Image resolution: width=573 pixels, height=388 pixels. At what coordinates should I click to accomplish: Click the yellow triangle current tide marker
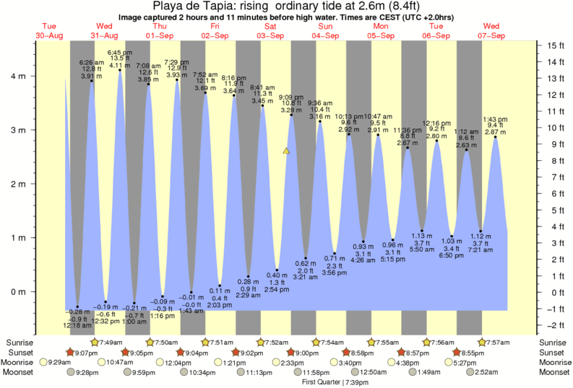pos(287,151)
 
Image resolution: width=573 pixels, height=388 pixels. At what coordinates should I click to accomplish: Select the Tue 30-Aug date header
pos(48,31)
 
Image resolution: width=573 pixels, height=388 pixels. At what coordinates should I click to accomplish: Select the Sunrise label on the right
pos(552,342)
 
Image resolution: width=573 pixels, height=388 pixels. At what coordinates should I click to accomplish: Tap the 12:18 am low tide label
pos(76,326)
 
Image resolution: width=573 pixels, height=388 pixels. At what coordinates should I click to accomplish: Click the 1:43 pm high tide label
pos(494,119)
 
